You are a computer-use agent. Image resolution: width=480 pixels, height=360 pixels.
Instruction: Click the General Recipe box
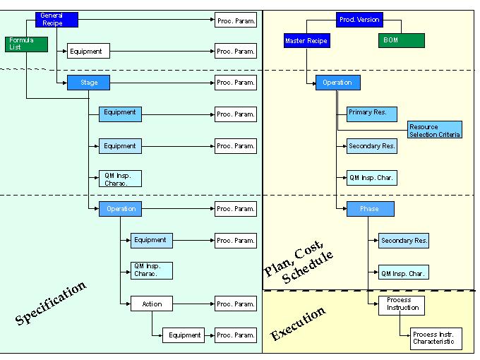point(56,19)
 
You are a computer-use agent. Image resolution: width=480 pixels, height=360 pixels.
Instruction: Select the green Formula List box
point(26,44)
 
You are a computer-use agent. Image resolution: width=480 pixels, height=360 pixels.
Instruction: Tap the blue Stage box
point(88,83)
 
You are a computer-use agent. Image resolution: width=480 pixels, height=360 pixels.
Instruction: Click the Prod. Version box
point(359,20)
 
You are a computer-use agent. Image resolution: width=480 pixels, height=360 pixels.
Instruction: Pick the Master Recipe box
point(306,41)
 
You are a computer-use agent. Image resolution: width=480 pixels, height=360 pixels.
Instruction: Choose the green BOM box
point(401,41)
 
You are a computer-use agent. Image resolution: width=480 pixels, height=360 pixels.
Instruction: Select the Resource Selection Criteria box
point(435,130)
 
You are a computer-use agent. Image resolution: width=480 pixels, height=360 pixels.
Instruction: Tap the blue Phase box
point(370,209)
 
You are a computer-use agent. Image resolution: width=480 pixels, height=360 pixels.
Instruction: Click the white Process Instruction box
point(403,304)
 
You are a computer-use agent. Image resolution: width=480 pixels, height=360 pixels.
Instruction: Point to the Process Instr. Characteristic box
point(436,338)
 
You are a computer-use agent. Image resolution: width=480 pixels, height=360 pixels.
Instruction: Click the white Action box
point(152,304)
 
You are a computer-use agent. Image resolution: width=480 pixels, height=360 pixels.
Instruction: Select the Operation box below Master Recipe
point(337,83)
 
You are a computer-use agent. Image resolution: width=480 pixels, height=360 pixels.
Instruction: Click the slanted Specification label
point(51,303)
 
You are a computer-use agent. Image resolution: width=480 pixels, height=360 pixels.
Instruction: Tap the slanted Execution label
point(298,323)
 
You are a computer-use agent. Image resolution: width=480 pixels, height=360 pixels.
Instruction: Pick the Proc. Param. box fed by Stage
point(236,83)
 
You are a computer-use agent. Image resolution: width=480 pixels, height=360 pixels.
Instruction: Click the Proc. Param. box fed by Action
point(236,304)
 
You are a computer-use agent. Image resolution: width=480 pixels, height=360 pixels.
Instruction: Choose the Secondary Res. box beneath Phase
point(404,241)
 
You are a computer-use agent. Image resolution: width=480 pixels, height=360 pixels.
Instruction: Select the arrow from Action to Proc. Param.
point(193,304)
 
